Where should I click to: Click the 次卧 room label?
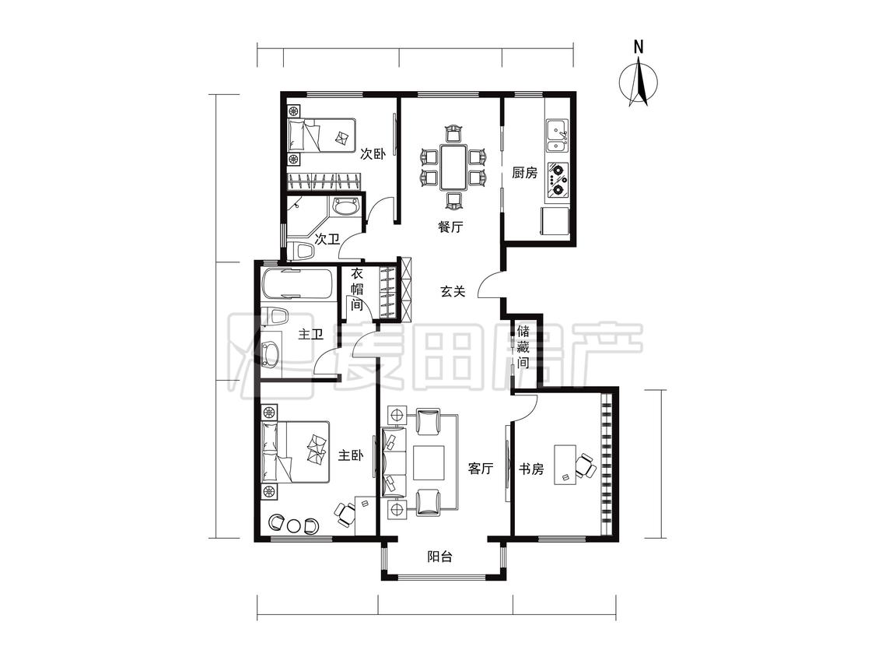click(x=373, y=153)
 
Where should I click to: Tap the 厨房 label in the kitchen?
click(x=524, y=173)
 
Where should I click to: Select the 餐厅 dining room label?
click(x=450, y=227)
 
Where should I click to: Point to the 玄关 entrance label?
click(x=453, y=291)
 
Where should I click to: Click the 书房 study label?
click(x=531, y=468)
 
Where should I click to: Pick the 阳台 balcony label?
click(x=439, y=557)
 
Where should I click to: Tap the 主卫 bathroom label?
click(x=311, y=334)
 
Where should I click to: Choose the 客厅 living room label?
click(x=481, y=468)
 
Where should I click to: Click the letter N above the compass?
click(x=639, y=47)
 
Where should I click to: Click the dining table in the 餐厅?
click(x=453, y=167)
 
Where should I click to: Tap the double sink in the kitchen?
click(x=557, y=135)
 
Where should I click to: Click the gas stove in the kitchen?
click(x=558, y=181)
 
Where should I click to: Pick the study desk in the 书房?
click(x=565, y=464)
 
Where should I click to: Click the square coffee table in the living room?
click(x=429, y=462)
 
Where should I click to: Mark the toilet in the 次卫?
click(x=300, y=251)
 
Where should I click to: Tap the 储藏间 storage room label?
click(x=523, y=346)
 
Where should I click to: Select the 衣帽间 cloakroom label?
click(x=356, y=290)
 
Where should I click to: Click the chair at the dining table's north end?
click(x=453, y=134)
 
